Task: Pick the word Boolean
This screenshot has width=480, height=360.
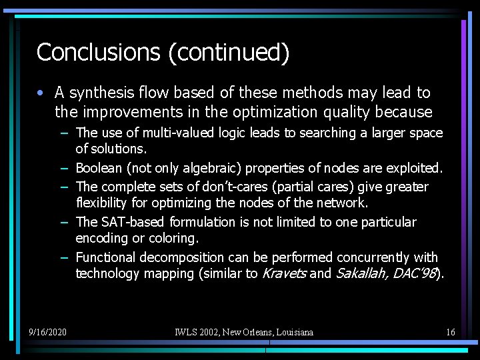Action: (100, 168)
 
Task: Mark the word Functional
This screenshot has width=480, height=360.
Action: (105, 257)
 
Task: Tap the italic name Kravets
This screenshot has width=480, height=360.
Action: (284, 273)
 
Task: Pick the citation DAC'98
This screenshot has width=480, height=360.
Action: (416, 273)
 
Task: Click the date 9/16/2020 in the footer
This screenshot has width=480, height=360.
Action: (47, 331)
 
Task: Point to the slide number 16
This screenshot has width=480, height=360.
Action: (451, 331)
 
